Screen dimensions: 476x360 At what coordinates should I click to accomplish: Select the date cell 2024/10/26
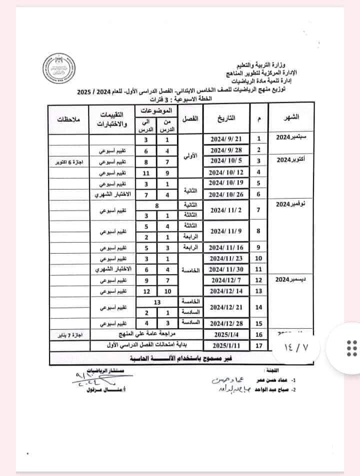[222, 194]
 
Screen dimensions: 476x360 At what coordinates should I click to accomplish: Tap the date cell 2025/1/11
[222, 345]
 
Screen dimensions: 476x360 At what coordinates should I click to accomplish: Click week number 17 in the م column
[258, 345]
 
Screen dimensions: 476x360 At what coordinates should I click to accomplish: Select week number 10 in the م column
[258, 258]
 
